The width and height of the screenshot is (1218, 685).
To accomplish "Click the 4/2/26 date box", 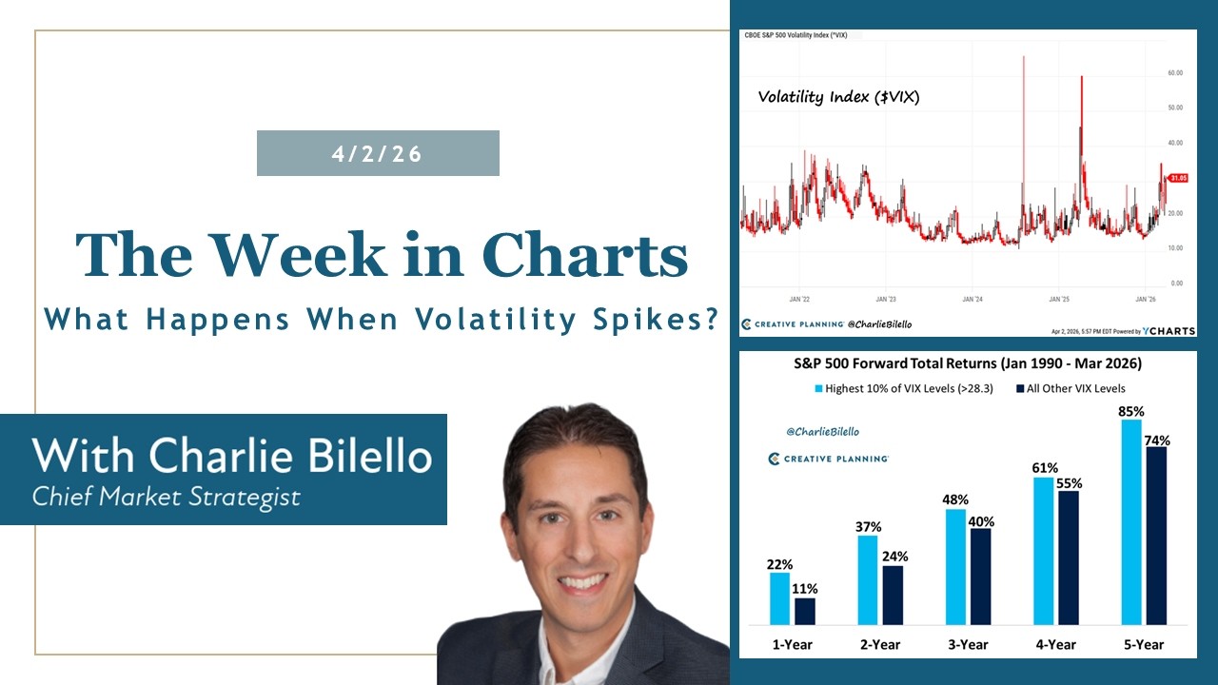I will point(378,153).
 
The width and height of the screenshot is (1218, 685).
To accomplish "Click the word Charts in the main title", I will point(584,255).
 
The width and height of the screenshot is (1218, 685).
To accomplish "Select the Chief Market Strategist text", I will point(167,496).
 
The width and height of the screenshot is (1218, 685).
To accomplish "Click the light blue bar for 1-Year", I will point(779,598).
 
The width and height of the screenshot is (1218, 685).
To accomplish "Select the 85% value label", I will point(1131,412).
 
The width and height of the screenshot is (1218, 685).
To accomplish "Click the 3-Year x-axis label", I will point(968,644).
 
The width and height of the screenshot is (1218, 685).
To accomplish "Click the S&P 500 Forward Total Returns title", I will point(968,363).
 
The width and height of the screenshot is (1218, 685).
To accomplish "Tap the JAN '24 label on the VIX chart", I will point(972,299).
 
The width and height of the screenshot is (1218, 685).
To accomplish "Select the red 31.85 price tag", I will point(1178,178).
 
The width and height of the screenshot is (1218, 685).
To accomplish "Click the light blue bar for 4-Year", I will point(1043,551).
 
